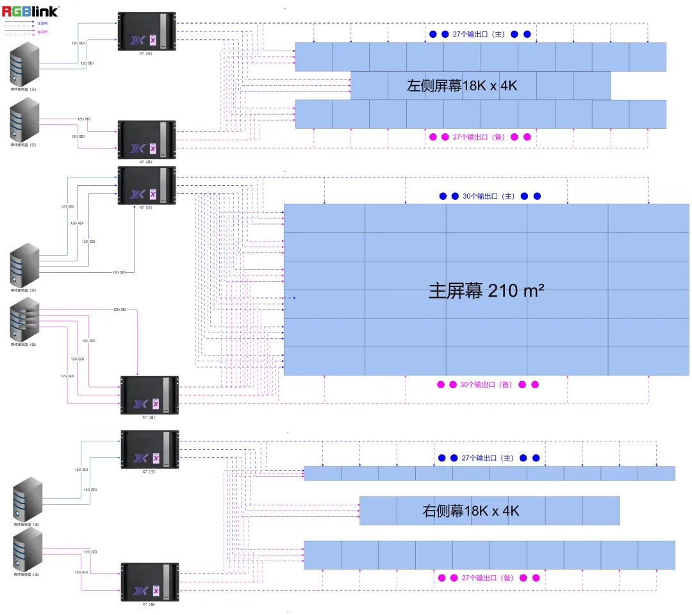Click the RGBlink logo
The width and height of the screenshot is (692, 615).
click(x=30, y=10)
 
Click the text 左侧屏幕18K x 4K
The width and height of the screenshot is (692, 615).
click(x=462, y=86)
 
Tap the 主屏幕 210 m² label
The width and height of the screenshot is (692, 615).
click(x=486, y=291)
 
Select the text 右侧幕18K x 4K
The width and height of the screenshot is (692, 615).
click(x=471, y=511)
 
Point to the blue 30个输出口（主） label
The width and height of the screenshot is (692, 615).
click(x=488, y=196)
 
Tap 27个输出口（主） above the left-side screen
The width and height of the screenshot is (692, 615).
click(x=479, y=34)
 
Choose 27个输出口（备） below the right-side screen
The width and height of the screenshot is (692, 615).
click(x=488, y=578)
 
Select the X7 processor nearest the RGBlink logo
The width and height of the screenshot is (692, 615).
click(x=146, y=31)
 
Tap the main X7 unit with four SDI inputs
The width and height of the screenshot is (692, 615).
click(x=146, y=186)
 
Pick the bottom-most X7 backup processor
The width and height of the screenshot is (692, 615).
click(x=149, y=582)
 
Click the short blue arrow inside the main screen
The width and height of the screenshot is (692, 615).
click(x=292, y=298)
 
